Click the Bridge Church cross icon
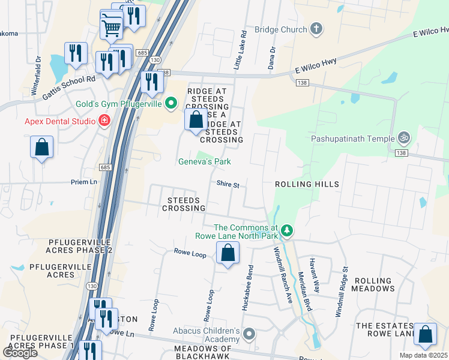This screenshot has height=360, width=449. (x=316, y=29)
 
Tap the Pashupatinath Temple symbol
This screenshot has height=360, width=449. (x=405, y=138)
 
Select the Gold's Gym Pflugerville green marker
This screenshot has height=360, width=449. (x=171, y=104)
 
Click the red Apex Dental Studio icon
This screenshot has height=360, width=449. (x=104, y=121)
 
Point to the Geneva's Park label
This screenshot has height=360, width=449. (x=204, y=161)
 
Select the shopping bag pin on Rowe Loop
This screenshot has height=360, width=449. (x=228, y=253)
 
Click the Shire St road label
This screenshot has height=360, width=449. (x=228, y=185)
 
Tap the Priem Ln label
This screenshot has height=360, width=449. (x=85, y=182)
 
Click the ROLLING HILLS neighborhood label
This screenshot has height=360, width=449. (x=307, y=184)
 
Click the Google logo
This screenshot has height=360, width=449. (x=20, y=352)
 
